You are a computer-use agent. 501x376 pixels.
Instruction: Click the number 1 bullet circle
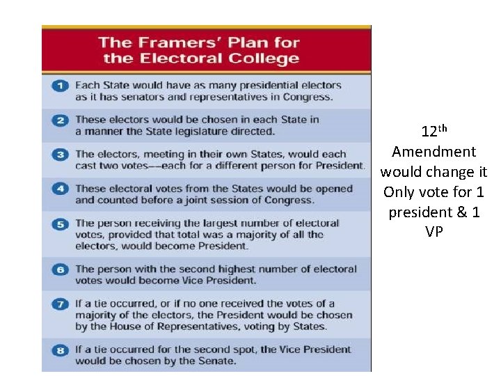point(61,86)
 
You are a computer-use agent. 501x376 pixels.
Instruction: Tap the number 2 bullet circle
point(61,120)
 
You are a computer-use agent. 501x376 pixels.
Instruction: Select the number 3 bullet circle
point(61,154)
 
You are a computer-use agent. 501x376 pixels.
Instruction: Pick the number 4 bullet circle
point(61,189)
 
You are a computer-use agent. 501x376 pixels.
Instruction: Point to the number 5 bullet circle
point(61,224)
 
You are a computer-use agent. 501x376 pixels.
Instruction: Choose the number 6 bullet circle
point(61,269)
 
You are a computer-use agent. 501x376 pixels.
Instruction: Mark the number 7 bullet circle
point(61,304)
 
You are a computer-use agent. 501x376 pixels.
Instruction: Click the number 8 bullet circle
point(61,350)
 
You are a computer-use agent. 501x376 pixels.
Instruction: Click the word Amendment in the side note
point(434,152)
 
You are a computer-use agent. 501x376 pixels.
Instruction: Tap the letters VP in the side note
point(434,232)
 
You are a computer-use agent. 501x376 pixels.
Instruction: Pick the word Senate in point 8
point(218,361)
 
